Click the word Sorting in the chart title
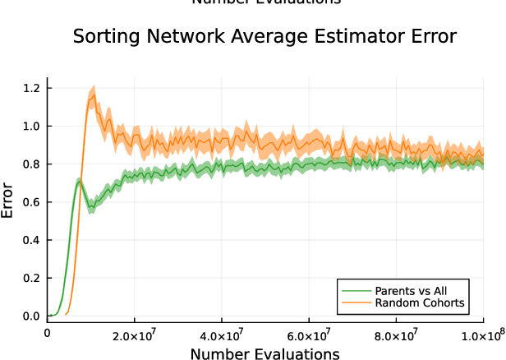(x=101, y=37)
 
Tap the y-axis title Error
(x=9, y=201)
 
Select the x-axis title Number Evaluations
(x=264, y=354)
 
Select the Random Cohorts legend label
(x=420, y=303)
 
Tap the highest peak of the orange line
(x=94, y=95)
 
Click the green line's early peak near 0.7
(x=78, y=182)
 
